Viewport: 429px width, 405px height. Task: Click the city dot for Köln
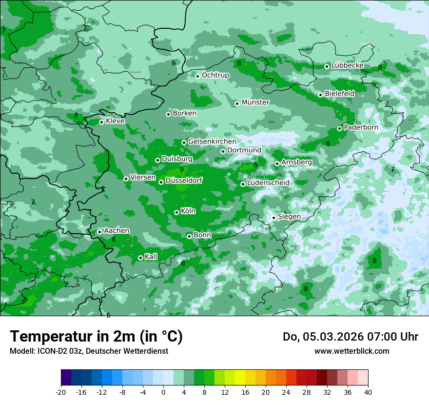coord(176,212)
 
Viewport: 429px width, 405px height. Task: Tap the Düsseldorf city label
coord(184,181)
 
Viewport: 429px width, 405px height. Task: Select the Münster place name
coord(255,102)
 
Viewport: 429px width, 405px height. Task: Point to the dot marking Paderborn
coord(339,128)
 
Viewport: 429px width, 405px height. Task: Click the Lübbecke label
coord(347,65)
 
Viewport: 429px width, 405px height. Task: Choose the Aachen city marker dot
coord(99,232)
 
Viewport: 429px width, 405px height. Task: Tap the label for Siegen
coord(289,216)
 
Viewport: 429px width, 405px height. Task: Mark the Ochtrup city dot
coord(197,76)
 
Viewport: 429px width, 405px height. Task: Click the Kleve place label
coord(115,121)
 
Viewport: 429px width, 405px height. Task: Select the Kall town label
coord(151,257)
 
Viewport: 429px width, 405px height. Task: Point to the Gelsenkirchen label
coord(212,142)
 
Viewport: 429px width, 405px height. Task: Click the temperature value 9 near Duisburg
coord(181,169)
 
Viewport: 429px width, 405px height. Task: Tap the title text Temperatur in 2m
coord(96,336)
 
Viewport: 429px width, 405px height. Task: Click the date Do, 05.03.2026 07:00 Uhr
coord(351,337)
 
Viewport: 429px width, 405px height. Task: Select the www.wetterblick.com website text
coord(351,351)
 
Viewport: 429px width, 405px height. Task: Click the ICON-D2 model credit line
coord(89,351)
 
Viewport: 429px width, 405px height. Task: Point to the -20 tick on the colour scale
coord(61,392)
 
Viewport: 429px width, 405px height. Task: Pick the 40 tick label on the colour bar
coord(368,392)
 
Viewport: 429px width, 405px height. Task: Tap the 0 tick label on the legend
coord(163,392)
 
